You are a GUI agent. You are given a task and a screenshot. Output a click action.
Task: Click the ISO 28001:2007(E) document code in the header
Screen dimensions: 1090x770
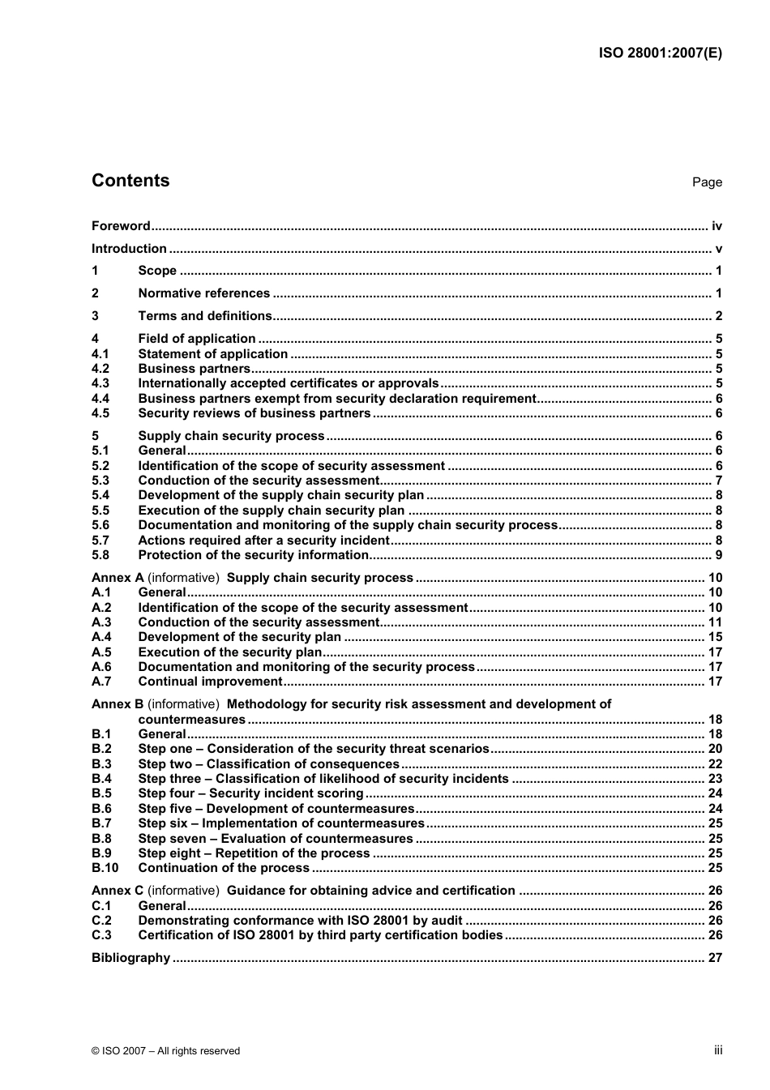pyautogui.click(x=660, y=53)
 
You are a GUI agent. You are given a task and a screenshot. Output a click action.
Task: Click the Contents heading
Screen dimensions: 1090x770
pyautogui.click(x=130, y=181)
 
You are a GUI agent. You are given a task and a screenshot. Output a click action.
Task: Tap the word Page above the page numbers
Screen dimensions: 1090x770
pyautogui.click(x=707, y=182)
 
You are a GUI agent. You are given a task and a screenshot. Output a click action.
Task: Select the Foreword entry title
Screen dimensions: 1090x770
pyautogui.click(x=121, y=226)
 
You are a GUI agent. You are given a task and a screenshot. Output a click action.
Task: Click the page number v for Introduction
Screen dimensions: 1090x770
pyautogui.click(x=718, y=249)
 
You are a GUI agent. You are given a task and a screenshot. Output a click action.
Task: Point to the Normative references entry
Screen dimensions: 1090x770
pyautogui.click(x=203, y=293)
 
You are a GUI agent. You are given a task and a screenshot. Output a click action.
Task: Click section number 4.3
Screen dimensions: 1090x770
pyautogui.click(x=101, y=383)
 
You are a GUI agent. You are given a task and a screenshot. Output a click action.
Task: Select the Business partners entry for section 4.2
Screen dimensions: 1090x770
pyautogui.click(x=194, y=369)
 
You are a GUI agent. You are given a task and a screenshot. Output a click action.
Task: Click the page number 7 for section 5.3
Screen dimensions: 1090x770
pyautogui.click(x=718, y=481)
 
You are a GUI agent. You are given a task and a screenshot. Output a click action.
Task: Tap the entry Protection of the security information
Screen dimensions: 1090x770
pyautogui.click(x=253, y=555)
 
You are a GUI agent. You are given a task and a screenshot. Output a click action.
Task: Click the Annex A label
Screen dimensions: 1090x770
pyautogui.click(x=118, y=578)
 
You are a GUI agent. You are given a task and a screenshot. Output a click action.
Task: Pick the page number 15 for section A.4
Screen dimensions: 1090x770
pyautogui.click(x=715, y=637)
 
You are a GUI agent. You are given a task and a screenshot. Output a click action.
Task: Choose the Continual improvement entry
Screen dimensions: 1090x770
pyautogui.click(x=210, y=682)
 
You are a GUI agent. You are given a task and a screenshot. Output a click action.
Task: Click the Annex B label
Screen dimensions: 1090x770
pyautogui.click(x=118, y=704)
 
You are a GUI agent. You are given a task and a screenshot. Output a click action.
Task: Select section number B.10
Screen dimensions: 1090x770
pyautogui.click(x=105, y=868)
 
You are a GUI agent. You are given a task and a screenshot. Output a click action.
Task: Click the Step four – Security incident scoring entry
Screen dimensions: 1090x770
pyautogui.click(x=250, y=793)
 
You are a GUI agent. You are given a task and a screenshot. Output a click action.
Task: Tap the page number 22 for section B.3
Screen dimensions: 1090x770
pyautogui.click(x=715, y=764)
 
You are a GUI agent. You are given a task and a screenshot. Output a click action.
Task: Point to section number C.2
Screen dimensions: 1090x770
pyautogui.click(x=101, y=921)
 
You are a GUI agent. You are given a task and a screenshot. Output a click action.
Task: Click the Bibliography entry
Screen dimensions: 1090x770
pyautogui.click(x=130, y=958)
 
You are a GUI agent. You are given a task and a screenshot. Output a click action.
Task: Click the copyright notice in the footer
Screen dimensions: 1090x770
pyautogui.click(x=165, y=1051)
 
